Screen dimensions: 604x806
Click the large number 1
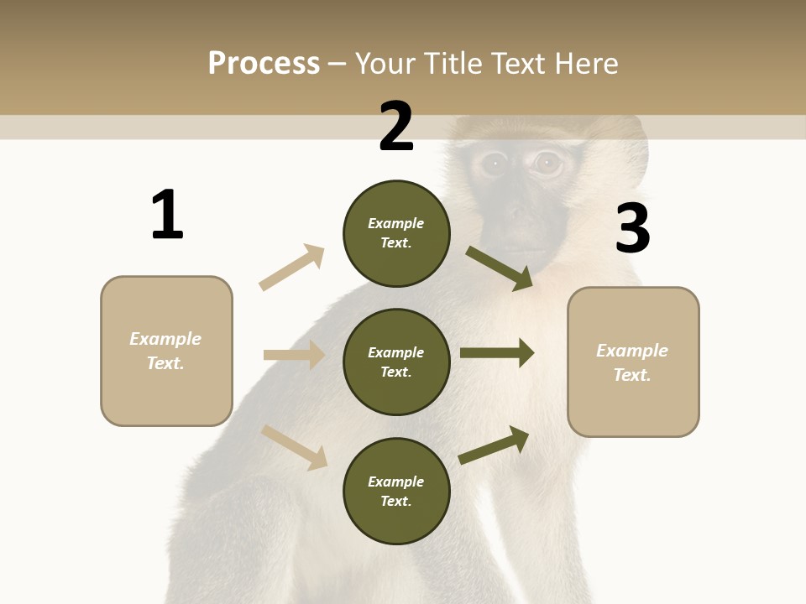[x=167, y=215]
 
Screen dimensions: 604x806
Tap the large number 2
[x=396, y=126]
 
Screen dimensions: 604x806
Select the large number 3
[x=632, y=228]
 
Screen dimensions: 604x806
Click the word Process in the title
[x=264, y=63]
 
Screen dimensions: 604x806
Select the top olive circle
[x=396, y=233]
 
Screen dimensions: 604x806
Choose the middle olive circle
[x=396, y=362]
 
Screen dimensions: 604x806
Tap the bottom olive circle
[x=396, y=492]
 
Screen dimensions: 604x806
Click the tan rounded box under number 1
[x=166, y=351]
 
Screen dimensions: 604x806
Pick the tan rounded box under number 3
[x=633, y=362]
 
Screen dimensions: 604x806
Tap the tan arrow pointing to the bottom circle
[x=294, y=446]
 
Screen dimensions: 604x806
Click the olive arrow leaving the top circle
[x=500, y=268]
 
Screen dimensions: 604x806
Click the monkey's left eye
[x=495, y=164]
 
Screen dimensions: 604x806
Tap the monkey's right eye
[x=548, y=163]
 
